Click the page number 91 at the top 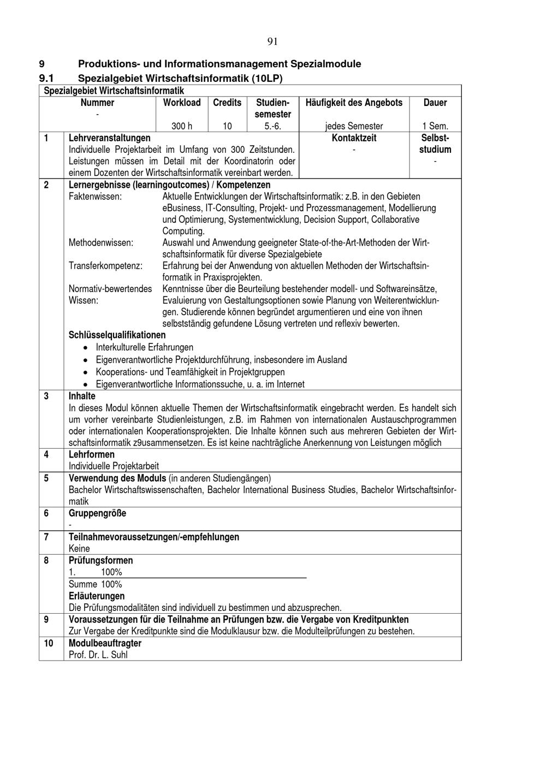click(273, 42)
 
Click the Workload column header click(182, 103)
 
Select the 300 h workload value click(182, 126)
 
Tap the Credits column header click(227, 103)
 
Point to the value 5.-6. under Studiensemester click(272, 126)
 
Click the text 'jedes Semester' click(354, 126)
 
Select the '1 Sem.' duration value click(435, 126)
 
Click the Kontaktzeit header click(354, 138)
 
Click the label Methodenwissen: click(101, 243)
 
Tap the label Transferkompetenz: click(105, 266)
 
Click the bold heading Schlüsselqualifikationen click(117, 335)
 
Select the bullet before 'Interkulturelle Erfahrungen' click(85, 348)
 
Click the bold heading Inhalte click(82, 396)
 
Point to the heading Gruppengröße click(97, 513)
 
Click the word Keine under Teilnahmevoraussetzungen click(79, 549)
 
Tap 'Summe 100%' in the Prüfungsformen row click(96, 584)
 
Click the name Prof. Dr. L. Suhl click(98, 655)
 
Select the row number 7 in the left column click(46, 537)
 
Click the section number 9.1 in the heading click(46, 79)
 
